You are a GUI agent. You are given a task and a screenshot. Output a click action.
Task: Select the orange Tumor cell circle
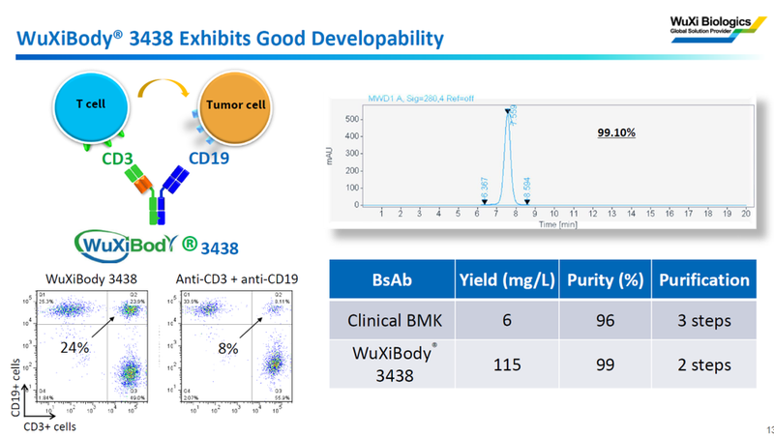coord(233,104)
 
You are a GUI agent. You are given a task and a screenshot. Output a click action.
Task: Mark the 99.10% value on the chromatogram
coord(615,131)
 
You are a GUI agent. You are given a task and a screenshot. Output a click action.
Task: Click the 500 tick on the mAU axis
coord(352,119)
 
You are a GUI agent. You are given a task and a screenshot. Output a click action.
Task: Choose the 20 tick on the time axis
coord(744,213)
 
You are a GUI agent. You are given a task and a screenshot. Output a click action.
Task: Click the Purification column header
coord(703,280)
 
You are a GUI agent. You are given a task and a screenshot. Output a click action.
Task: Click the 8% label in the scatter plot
coord(227,347)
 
